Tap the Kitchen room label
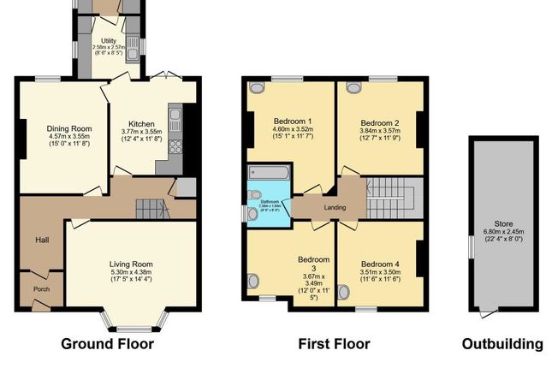tap(140, 123)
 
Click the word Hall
tap(40, 240)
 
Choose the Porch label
tap(40, 288)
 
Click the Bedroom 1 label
tap(292, 120)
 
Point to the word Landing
tap(335, 207)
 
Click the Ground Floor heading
tap(107, 345)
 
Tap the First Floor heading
tap(334, 345)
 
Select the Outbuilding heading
tap(502, 345)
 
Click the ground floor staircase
tap(149, 206)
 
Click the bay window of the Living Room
tap(133, 323)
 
